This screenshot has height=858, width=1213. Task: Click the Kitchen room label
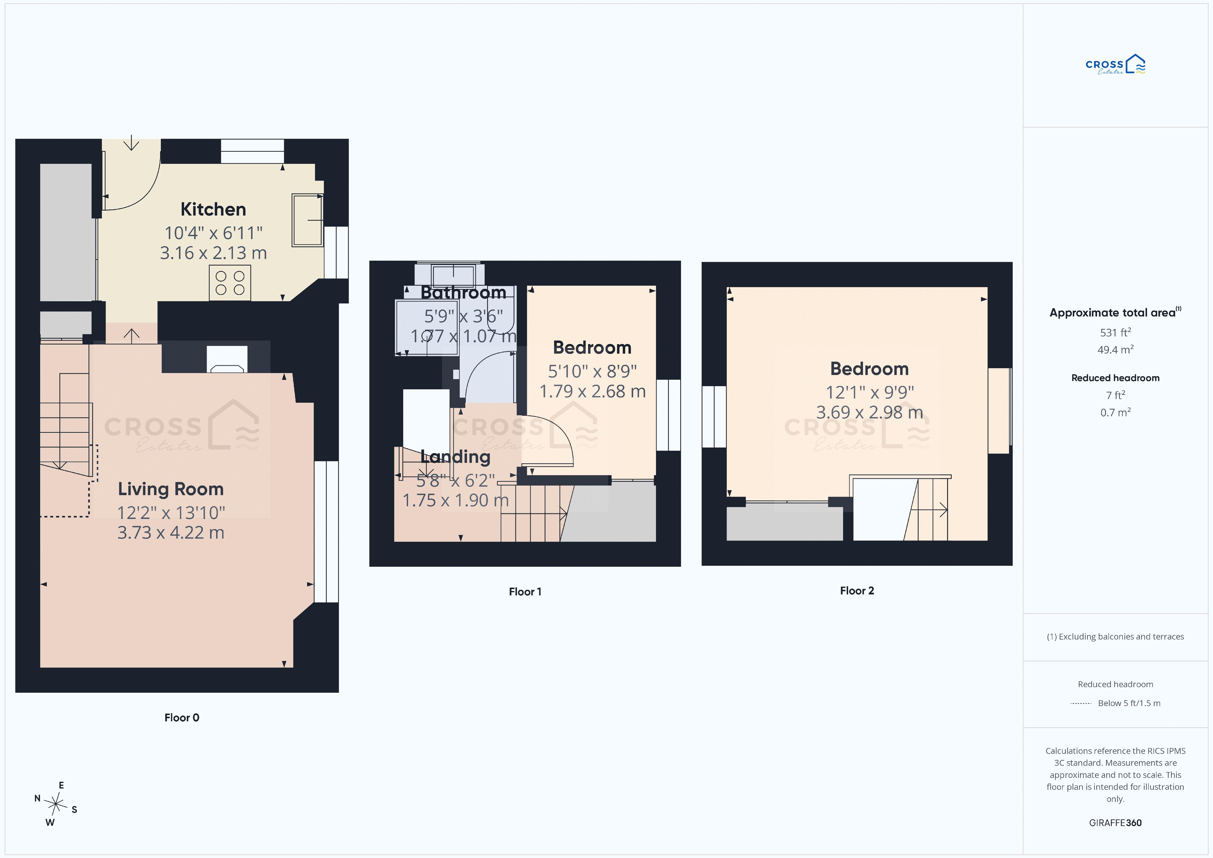coord(213,209)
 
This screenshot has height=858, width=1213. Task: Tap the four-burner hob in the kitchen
coord(230,283)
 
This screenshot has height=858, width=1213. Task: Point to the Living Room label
coord(171,489)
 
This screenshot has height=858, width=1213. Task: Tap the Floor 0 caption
coord(182,717)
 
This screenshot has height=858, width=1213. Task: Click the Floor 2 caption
coord(857,591)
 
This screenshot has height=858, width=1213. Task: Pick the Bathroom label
coord(463,292)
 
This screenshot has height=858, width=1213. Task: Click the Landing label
coord(455,457)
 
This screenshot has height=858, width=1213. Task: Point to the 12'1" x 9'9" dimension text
coord(869,392)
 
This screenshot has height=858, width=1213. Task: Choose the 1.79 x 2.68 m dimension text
coord(592,391)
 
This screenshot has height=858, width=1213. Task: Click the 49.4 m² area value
coord(1115,350)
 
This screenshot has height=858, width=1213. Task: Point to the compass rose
coord(56,804)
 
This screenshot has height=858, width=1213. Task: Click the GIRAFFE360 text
coord(1115,823)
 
